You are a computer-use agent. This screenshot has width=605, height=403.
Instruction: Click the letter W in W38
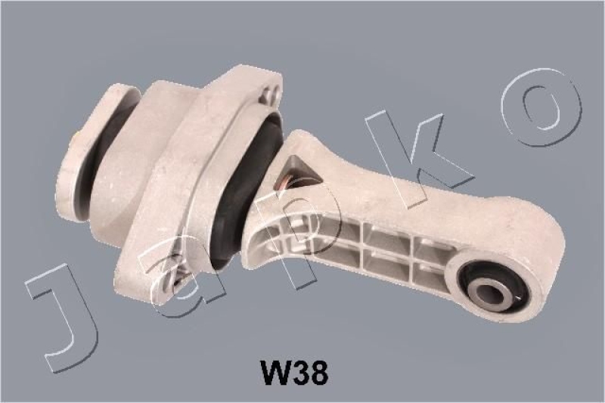tap(275, 372)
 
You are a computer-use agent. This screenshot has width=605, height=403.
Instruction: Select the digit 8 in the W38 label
tap(318, 372)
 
